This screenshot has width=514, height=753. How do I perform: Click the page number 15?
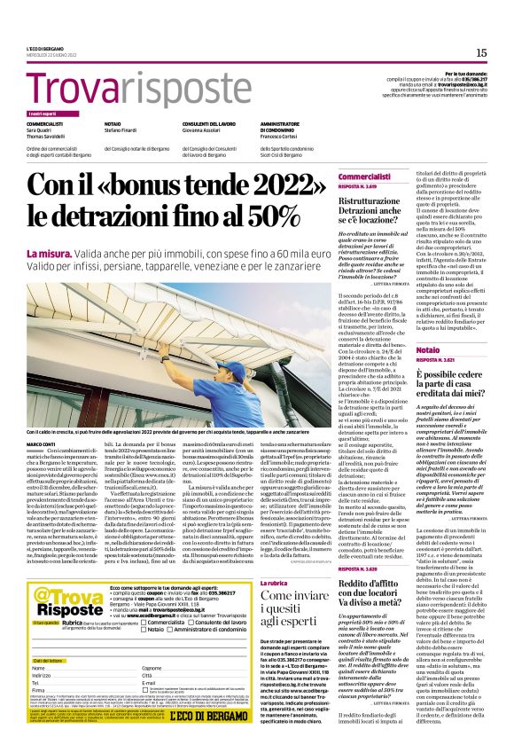481,52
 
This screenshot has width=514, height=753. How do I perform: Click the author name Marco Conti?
40,443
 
